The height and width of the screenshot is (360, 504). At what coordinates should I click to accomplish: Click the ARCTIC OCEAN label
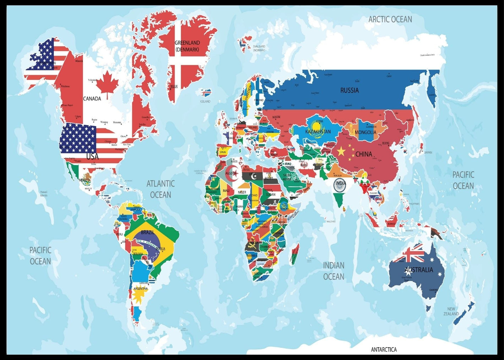coord(390,20)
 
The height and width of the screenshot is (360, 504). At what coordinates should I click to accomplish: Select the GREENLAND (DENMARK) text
coord(187,46)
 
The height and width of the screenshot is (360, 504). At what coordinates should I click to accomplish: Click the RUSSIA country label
coord(349,91)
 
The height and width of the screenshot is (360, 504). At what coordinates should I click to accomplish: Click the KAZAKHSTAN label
coord(318,132)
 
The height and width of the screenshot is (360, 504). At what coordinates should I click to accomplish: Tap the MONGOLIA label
coord(365,132)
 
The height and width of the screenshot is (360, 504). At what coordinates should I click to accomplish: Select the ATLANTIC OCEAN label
coord(160,189)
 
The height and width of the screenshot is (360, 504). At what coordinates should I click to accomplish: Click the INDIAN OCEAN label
coord(333,271)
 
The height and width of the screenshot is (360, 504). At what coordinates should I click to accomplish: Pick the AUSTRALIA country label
coord(418,270)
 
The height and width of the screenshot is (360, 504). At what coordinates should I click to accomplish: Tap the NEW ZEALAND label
coord(451,311)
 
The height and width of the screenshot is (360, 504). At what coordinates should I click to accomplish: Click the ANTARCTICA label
coord(384,350)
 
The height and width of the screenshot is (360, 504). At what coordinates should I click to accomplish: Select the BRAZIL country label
coord(147,233)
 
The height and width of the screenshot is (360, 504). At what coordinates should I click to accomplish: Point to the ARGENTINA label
coord(141,289)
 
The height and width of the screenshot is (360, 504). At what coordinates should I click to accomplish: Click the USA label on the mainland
coord(92,156)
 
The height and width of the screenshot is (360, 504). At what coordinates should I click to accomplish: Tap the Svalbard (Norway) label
coord(259,48)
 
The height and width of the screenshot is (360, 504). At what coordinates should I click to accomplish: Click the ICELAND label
coord(205,102)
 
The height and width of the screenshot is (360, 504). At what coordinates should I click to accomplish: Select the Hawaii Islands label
coord(44,193)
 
